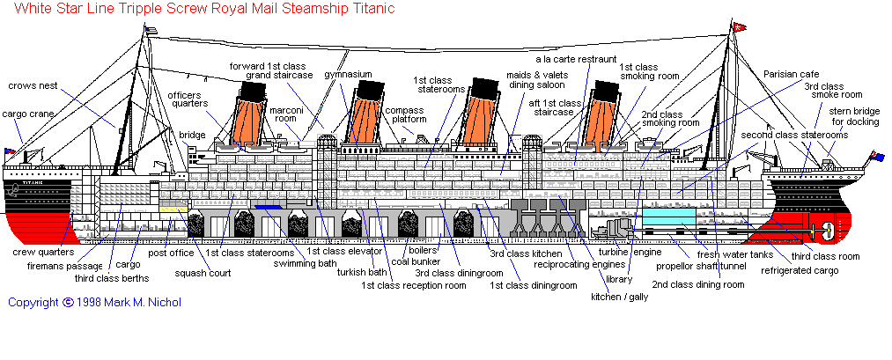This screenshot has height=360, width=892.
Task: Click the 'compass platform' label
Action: (405, 114)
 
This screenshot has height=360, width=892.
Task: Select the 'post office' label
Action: (171, 253)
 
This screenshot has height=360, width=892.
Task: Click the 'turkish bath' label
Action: (362, 272)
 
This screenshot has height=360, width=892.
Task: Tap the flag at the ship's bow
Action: (11, 151)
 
